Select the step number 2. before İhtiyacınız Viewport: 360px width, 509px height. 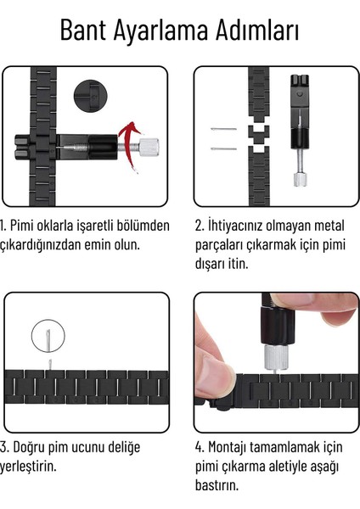[200, 226]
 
